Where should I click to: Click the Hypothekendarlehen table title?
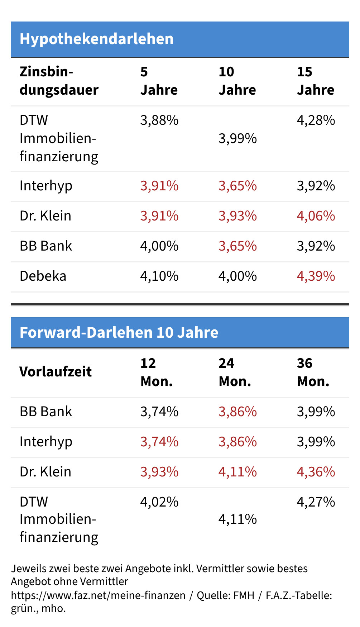(96, 39)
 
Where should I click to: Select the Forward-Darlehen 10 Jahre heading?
(119, 333)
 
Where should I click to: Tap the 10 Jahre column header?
(237, 81)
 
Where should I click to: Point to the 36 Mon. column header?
(313, 372)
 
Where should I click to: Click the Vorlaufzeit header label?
(56, 372)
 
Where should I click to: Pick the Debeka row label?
(43, 276)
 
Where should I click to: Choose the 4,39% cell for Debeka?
(316, 276)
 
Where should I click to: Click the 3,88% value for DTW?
(159, 120)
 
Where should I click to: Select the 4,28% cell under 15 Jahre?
(316, 120)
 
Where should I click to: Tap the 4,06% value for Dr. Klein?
(316, 216)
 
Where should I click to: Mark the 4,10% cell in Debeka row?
(159, 276)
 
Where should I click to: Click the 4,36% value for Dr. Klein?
(316, 472)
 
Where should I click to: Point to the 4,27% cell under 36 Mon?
(316, 502)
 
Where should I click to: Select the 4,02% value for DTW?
(159, 502)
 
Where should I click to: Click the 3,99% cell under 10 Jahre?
(237, 138)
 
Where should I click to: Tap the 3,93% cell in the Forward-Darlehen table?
(159, 472)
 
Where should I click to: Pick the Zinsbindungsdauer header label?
(59, 81)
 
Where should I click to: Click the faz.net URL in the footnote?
(98, 595)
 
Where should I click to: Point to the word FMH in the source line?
(244, 595)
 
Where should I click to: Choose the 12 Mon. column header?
(156, 372)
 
